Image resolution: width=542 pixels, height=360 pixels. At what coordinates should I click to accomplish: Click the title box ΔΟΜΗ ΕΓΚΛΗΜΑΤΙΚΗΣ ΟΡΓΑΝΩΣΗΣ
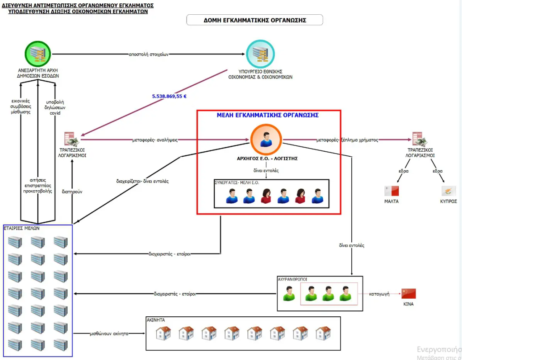tap(255, 20)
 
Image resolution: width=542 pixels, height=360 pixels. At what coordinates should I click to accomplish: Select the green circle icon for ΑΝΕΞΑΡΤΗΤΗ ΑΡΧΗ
tap(38, 54)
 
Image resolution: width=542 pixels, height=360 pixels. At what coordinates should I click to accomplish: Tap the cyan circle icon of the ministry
tap(260, 53)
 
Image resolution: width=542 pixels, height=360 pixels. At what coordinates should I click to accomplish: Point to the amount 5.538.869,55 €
tap(169, 96)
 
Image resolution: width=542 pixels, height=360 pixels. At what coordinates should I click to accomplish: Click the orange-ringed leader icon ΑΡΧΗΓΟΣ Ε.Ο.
tap(266, 140)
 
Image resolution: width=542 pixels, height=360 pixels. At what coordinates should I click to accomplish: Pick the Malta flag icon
tap(391, 191)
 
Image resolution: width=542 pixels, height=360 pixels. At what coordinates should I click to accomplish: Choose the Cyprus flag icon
tap(449, 191)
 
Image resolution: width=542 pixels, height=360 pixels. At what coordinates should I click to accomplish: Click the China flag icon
tap(408, 293)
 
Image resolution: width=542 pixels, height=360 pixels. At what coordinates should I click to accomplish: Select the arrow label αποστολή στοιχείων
tap(149, 54)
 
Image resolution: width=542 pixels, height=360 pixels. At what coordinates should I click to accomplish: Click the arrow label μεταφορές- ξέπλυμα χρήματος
tap(347, 140)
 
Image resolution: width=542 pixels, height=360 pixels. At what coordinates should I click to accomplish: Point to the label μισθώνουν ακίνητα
tap(109, 334)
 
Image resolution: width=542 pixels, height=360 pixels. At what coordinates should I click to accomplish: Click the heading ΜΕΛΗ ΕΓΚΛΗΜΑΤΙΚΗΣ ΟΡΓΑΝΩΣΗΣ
tap(268, 115)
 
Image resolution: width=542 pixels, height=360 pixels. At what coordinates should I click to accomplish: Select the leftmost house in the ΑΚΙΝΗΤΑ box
tap(163, 333)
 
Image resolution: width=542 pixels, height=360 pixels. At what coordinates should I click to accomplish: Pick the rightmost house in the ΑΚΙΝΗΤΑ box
tap(323, 333)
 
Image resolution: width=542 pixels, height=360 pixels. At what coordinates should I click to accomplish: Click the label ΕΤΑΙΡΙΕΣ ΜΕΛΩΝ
tap(21, 228)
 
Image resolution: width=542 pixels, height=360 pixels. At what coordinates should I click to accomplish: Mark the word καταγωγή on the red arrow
tap(379, 294)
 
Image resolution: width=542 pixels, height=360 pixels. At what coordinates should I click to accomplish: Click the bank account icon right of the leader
tap(419, 139)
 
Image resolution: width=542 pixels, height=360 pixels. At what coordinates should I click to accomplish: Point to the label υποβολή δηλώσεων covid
tap(55, 108)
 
